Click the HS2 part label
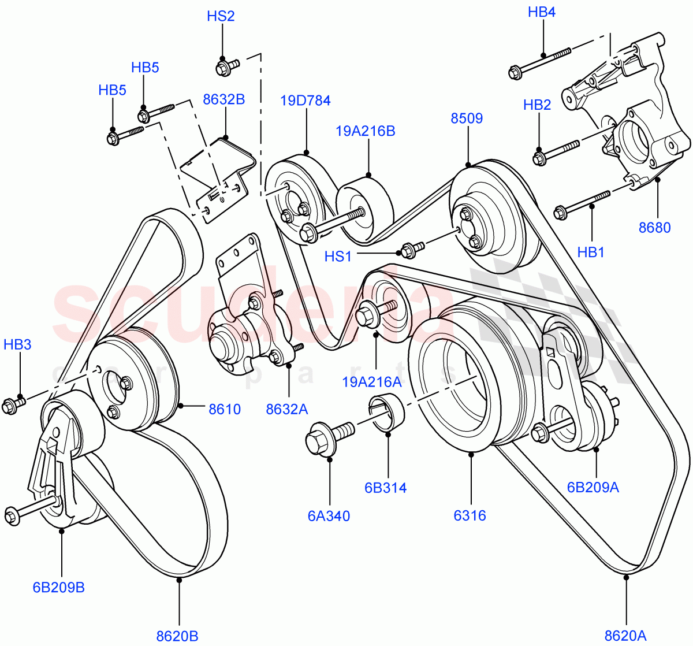[221, 16]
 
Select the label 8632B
[223, 99]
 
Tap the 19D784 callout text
[305, 101]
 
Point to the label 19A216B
[366, 131]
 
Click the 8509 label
[466, 118]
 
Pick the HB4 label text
[541, 12]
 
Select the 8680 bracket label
[654, 228]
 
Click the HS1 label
[338, 256]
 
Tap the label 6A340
[329, 516]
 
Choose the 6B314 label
[385, 488]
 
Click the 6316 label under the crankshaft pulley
[470, 516]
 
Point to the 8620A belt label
[625, 636]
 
